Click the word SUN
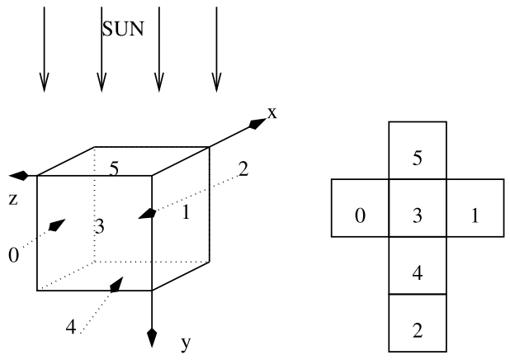click(x=123, y=30)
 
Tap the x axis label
click(x=272, y=113)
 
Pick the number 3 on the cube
click(x=98, y=226)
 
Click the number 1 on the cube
click(x=186, y=212)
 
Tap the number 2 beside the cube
click(x=243, y=170)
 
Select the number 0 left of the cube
click(x=13, y=255)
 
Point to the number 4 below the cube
click(x=71, y=328)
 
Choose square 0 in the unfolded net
click(x=360, y=216)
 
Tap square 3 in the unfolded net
click(x=417, y=216)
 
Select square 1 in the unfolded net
click(x=474, y=216)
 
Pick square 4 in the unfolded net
click(x=417, y=273)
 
